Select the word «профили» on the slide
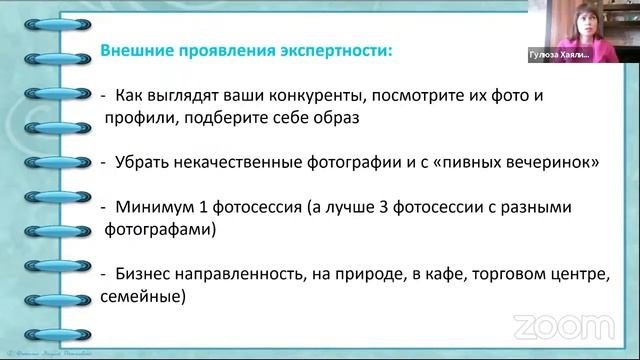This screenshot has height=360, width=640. (x=133, y=117)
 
